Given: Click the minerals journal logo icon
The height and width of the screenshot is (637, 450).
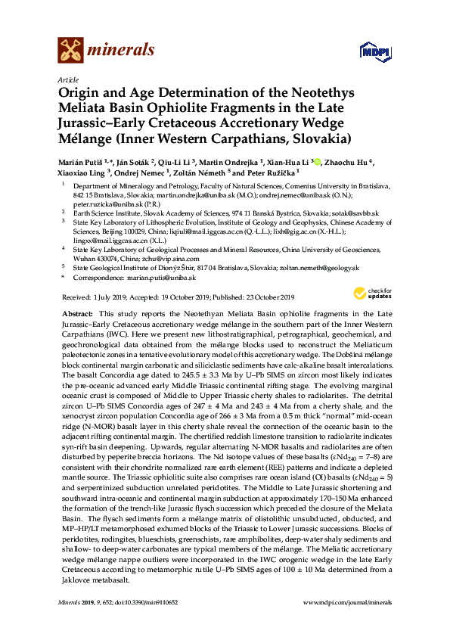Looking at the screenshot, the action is point(70,51).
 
